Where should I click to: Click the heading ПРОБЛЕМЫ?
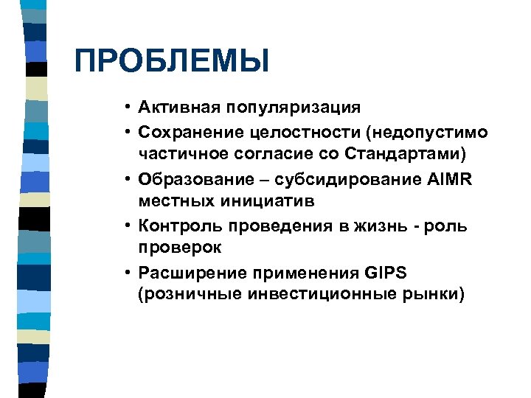click(x=171, y=61)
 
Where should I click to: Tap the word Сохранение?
click(x=187, y=132)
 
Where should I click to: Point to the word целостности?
click(x=289, y=132)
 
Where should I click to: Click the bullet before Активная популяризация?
click(x=128, y=108)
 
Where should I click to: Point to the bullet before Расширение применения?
click(x=128, y=272)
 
